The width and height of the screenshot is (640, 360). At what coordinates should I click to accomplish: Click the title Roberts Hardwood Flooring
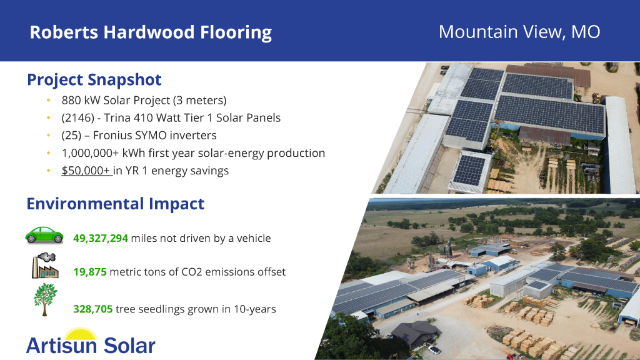(x=151, y=32)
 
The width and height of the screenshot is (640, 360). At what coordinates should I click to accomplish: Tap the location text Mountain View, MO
(x=519, y=32)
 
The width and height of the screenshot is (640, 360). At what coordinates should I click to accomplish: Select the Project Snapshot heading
(x=94, y=80)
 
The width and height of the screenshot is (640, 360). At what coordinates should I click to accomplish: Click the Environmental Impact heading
(x=116, y=204)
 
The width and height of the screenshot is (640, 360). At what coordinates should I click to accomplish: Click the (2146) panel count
(x=78, y=118)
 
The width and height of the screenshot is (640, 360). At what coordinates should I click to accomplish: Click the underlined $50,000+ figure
(x=86, y=171)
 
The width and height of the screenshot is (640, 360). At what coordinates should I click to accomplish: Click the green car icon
(x=44, y=236)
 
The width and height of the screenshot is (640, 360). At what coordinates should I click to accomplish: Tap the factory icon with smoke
(x=45, y=266)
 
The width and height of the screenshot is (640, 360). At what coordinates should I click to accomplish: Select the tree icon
(x=45, y=299)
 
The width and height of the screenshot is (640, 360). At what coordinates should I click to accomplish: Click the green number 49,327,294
(x=101, y=238)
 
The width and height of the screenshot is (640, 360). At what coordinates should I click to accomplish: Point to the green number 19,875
(x=90, y=272)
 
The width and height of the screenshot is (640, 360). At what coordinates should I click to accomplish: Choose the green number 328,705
(x=93, y=309)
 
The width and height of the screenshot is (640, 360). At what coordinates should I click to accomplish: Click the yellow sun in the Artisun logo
(x=81, y=334)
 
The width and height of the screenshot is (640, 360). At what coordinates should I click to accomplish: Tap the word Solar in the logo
(x=129, y=346)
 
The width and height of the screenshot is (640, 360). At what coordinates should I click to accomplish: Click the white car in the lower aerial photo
(x=434, y=350)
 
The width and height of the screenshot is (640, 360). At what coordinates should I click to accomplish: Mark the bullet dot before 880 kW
(x=49, y=101)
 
